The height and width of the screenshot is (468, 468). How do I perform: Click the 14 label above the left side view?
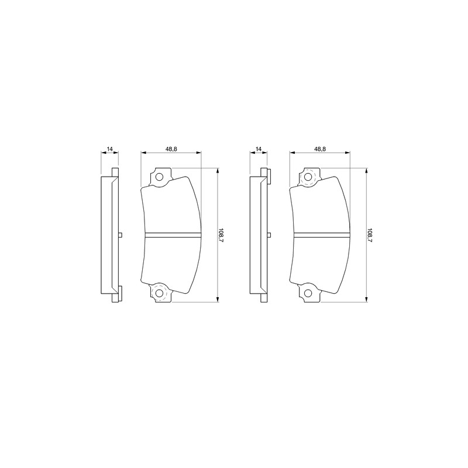[109, 149]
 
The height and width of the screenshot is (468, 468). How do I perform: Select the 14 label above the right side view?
[259, 149]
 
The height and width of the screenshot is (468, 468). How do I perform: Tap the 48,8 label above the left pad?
[171, 149]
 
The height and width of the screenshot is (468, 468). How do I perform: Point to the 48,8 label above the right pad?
[319, 149]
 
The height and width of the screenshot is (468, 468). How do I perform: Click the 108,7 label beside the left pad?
[221, 235]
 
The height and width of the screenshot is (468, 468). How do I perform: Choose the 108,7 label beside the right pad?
[370, 235]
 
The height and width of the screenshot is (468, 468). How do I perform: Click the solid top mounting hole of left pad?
[159, 177]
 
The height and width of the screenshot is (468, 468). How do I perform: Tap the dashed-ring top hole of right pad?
[308, 177]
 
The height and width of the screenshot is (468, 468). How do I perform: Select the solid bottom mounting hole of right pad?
[308, 293]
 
